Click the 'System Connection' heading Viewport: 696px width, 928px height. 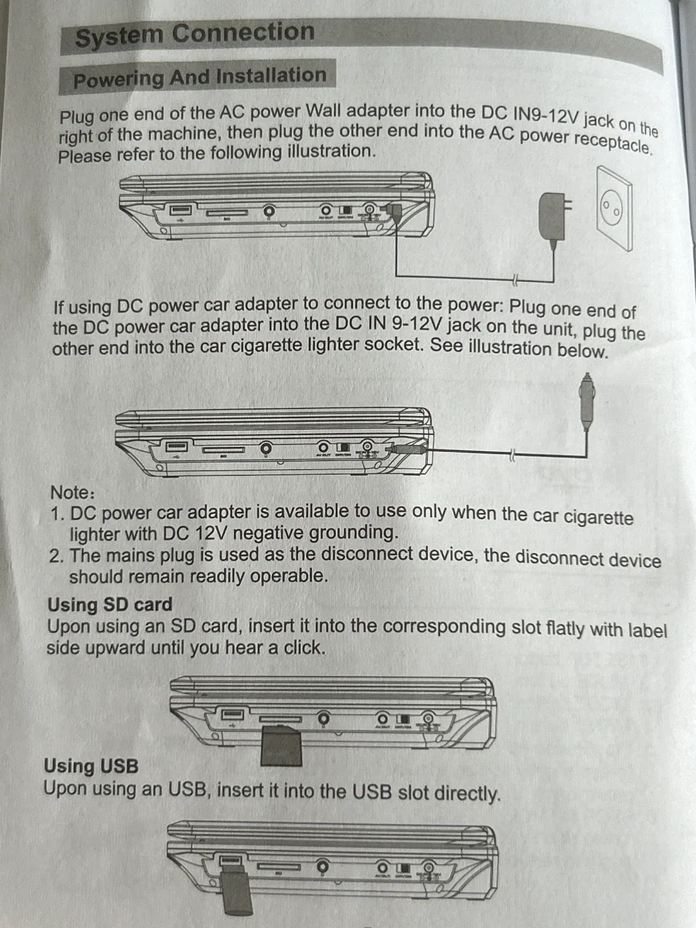194,34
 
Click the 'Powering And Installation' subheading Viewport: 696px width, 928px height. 199,77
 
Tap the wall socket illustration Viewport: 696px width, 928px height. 613,209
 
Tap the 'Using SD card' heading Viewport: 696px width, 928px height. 110,604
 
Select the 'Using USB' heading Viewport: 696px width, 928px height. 91,766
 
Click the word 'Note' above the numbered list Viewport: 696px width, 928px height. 71,492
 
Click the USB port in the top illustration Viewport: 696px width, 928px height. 180,210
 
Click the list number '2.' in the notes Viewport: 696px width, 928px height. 57,556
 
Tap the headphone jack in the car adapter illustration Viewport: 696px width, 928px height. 266,447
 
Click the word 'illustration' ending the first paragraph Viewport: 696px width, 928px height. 329,152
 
